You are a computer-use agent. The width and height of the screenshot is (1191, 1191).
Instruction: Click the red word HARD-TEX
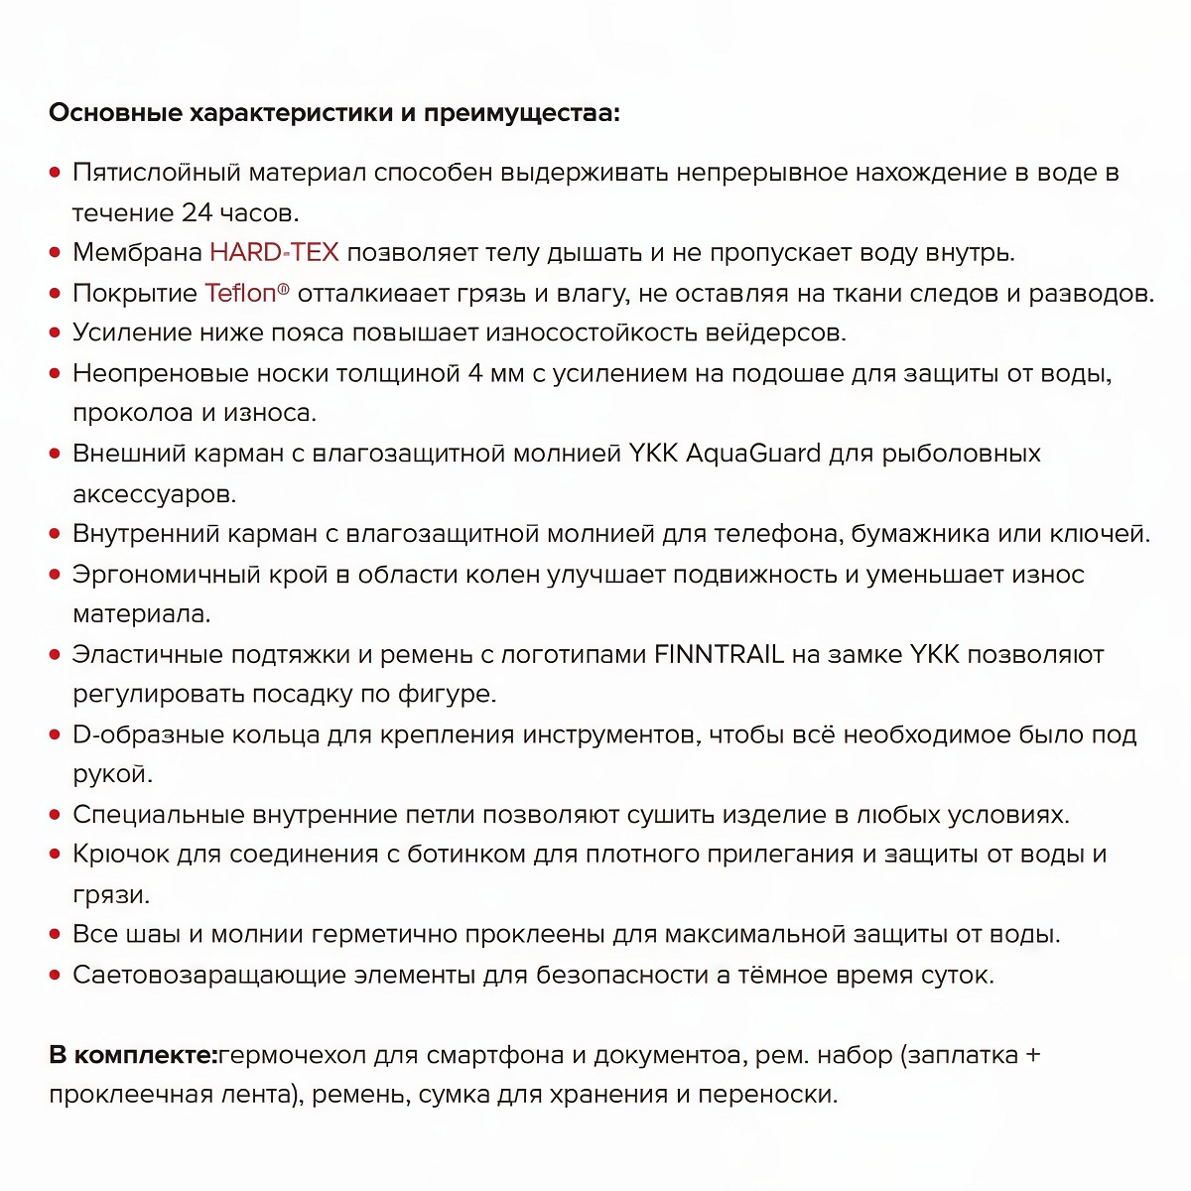click(x=274, y=252)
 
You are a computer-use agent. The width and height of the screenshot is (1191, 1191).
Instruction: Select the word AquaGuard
click(x=753, y=454)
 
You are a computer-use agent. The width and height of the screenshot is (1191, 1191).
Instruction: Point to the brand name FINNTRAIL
click(x=719, y=654)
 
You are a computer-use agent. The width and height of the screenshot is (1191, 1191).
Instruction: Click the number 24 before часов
click(x=196, y=212)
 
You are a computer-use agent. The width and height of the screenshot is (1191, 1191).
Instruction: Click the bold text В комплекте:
click(x=132, y=1054)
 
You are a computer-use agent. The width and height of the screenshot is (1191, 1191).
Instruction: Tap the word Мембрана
click(x=137, y=252)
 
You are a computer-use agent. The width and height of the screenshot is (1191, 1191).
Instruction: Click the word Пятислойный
click(x=156, y=173)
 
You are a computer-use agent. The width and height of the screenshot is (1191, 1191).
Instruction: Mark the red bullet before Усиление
click(x=56, y=333)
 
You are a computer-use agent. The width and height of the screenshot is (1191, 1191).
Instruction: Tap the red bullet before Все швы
click(x=56, y=935)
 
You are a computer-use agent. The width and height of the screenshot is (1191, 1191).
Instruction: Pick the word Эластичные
click(x=148, y=654)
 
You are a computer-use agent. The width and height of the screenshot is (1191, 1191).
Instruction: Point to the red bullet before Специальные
click(x=56, y=815)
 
